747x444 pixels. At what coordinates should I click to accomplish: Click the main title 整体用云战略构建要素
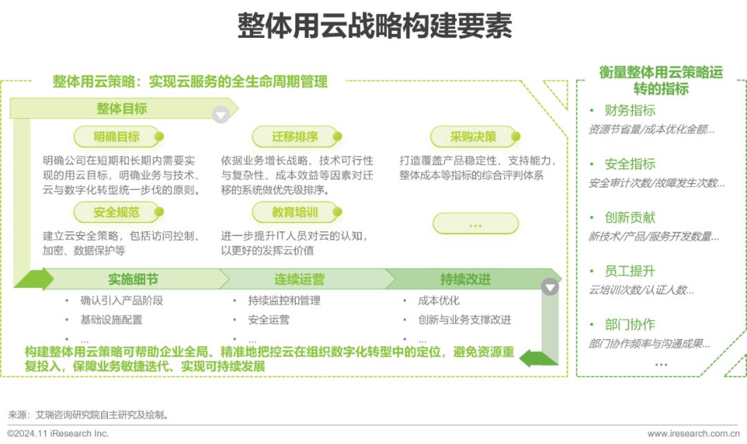tap(374, 26)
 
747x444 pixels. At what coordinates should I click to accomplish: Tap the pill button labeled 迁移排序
tap(296, 137)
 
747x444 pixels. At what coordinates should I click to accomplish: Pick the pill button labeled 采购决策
tap(474, 137)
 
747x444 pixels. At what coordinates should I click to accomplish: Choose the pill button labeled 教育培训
tap(296, 212)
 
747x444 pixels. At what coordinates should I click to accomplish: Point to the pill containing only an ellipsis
tap(475, 224)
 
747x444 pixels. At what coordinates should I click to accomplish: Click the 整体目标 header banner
tap(122, 108)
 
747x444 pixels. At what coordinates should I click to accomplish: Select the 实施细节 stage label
tap(133, 280)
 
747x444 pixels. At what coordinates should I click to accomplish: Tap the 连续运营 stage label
tap(299, 280)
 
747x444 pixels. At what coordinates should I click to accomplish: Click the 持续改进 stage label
tap(465, 280)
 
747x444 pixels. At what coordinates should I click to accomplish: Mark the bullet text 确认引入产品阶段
tap(122, 300)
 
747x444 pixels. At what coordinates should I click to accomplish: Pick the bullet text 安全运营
tap(268, 320)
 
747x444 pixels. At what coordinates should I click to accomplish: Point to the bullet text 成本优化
tap(439, 300)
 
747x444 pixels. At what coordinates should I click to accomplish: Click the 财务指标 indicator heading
tap(630, 110)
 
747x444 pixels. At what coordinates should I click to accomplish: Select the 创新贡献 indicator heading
tap(630, 218)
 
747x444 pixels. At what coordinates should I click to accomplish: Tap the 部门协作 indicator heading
tap(630, 325)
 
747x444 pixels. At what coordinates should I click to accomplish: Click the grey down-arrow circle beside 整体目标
tap(221, 115)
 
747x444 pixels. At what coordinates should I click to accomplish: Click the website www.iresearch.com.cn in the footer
tap(693, 434)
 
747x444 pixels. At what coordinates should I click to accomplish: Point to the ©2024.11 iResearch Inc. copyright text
tap(57, 434)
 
